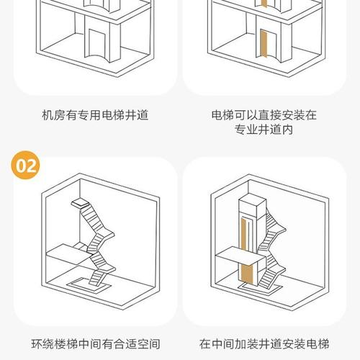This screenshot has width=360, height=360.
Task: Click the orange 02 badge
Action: [x=25, y=165]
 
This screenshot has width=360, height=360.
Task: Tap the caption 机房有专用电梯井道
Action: [x=95, y=115]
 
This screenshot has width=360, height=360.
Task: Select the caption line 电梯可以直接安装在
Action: [x=264, y=115]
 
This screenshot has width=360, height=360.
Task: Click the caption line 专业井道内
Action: [x=264, y=130]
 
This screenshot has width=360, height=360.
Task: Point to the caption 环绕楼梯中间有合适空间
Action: [x=96, y=344]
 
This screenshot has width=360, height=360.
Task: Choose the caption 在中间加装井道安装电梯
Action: [x=264, y=344]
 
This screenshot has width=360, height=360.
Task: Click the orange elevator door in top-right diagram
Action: [x=264, y=44]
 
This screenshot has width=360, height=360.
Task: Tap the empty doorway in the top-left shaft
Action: [x=97, y=43]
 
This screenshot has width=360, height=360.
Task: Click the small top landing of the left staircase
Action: [x=80, y=203]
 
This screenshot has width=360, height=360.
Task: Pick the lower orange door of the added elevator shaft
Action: [x=247, y=274]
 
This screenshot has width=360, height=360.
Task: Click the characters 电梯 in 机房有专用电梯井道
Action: [x=113, y=115]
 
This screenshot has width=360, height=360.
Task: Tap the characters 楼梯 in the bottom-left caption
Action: [x=66, y=344]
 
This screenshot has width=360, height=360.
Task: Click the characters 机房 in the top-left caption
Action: [x=53, y=115]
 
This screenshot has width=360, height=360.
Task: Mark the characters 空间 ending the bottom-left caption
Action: [x=148, y=344]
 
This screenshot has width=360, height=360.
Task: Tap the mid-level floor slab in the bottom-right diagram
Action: [x=240, y=256]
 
